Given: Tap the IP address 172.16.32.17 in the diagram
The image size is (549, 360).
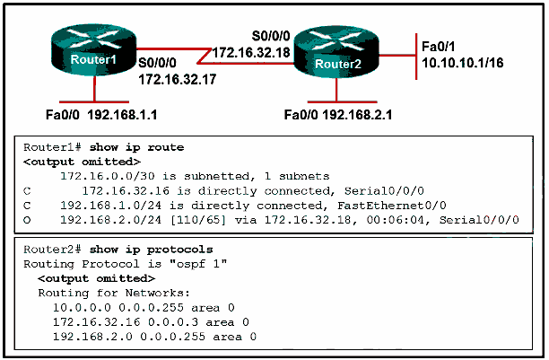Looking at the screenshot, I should point(179,79).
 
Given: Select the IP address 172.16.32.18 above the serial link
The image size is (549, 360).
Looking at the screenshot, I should point(251,52).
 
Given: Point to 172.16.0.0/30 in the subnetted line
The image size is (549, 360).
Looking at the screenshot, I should point(104,176).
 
